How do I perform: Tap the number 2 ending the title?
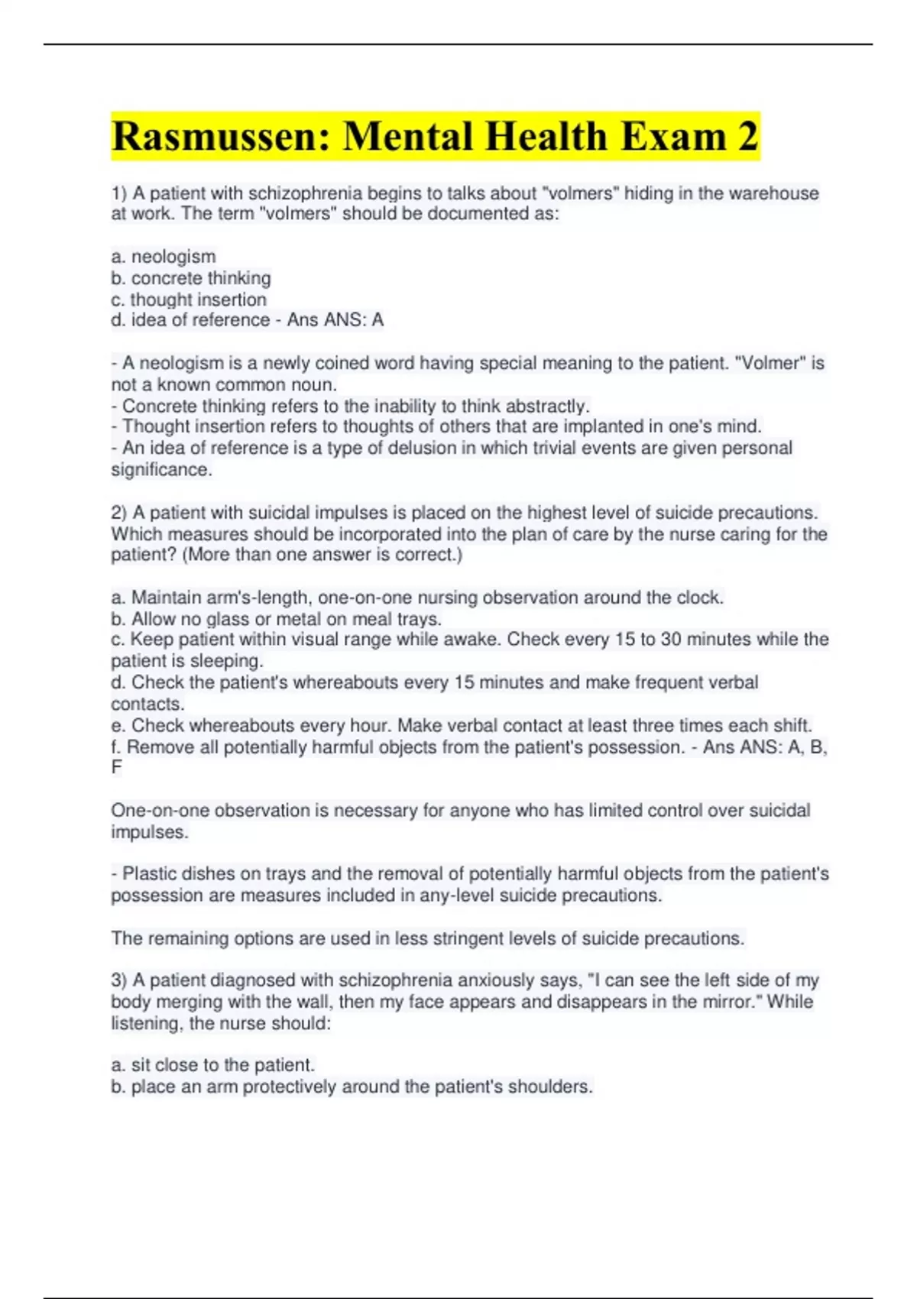tap(748, 138)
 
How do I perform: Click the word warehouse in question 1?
tap(773, 193)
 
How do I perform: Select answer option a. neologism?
tap(164, 257)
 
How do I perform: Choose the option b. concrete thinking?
tap(191, 278)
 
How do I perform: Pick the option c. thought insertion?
tap(189, 300)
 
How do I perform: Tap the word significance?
tap(160, 470)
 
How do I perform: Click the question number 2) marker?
tap(119, 513)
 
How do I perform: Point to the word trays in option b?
tap(417, 619)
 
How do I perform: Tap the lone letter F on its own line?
tap(116, 767)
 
